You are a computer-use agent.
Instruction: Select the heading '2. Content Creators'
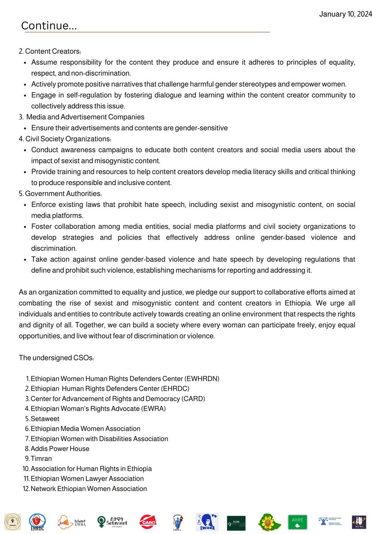click(x=50, y=52)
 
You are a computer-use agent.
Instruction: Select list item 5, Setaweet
click(x=45, y=419)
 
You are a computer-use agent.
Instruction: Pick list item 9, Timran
click(x=42, y=458)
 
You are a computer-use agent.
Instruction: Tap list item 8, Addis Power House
click(x=60, y=449)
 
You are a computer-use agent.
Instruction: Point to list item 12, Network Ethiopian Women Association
click(x=88, y=489)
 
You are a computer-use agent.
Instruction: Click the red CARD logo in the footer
click(x=148, y=520)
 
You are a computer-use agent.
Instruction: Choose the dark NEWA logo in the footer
click(x=359, y=522)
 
